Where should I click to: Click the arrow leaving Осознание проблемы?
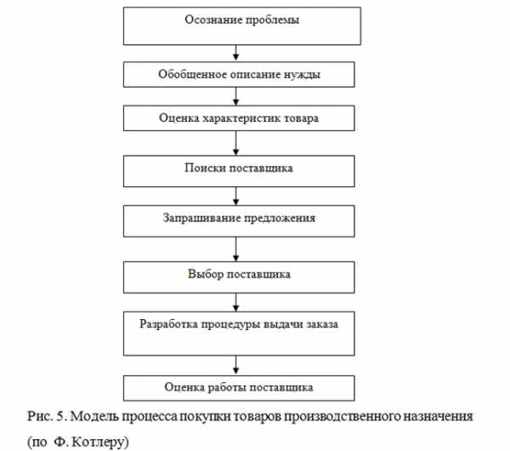point(236,53)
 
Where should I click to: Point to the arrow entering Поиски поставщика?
point(236,143)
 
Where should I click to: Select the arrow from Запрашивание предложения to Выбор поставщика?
point(236,249)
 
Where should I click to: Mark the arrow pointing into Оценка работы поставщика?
point(236,365)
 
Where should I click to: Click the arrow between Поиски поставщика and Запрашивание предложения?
point(236,196)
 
